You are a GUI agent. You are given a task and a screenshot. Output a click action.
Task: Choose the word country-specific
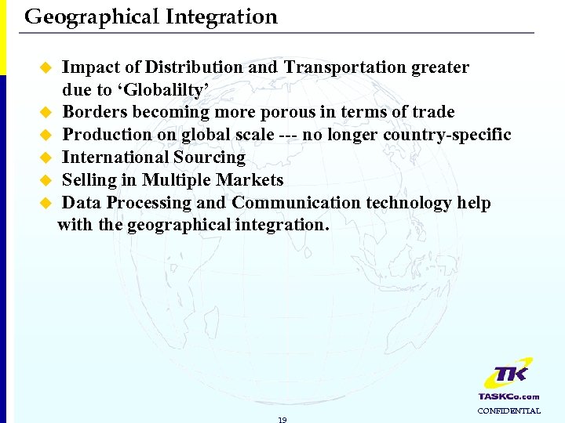(447, 135)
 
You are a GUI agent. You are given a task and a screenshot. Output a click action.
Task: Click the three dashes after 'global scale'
(288, 135)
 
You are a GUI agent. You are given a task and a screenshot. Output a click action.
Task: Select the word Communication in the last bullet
(297, 203)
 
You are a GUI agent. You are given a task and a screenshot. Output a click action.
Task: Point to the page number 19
(282, 419)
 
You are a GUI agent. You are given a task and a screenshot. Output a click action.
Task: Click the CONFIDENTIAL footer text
(509, 410)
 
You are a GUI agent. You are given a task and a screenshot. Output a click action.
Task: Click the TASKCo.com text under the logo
(509, 396)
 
